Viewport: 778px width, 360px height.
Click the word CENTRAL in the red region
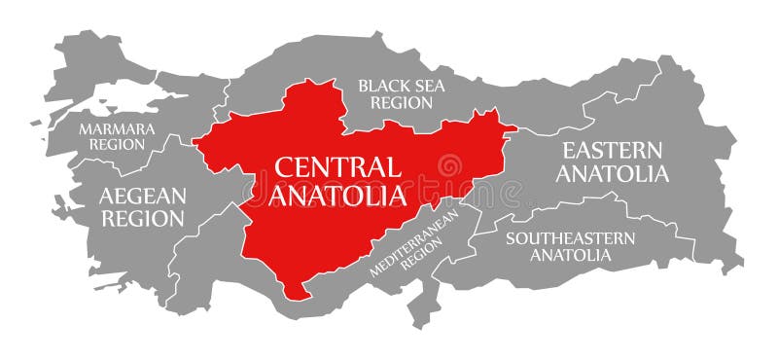pos(336,166)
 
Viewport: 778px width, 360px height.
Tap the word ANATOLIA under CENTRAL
pos(336,196)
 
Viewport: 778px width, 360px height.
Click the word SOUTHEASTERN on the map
pos(570,237)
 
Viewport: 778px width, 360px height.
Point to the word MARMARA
pos(116,128)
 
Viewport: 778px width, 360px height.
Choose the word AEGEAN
pos(142,196)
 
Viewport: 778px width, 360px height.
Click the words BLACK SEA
pos(401,86)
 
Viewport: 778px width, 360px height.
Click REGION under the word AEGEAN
pos(142,219)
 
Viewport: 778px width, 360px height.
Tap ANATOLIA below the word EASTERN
pos(613,175)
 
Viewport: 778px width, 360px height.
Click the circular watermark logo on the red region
pos(450,166)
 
